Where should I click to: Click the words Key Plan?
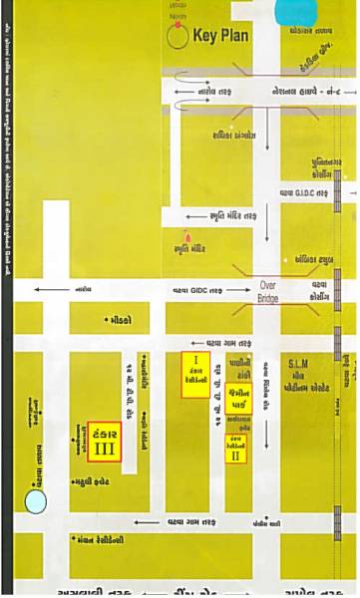point(220,37)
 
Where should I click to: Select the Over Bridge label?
point(270,289)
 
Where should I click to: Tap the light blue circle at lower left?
point(36,501)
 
